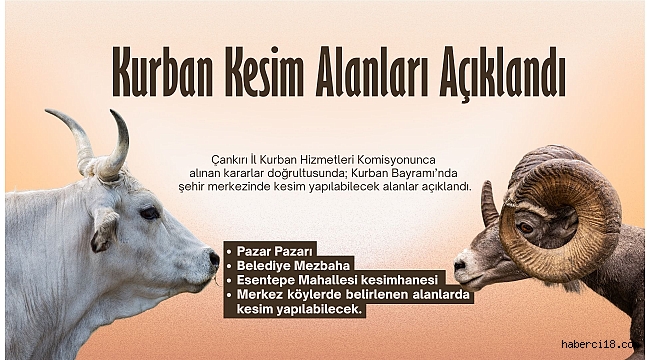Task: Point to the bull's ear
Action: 103,231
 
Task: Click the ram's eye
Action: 525,227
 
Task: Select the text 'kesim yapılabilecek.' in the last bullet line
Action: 301,311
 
